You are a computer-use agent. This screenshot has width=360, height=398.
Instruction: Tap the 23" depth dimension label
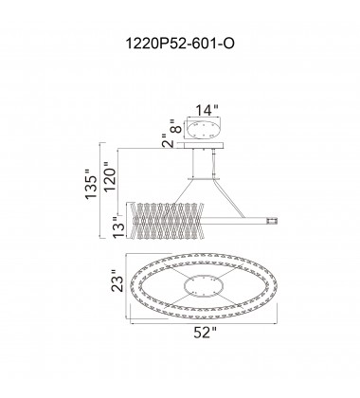click(116, 283)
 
